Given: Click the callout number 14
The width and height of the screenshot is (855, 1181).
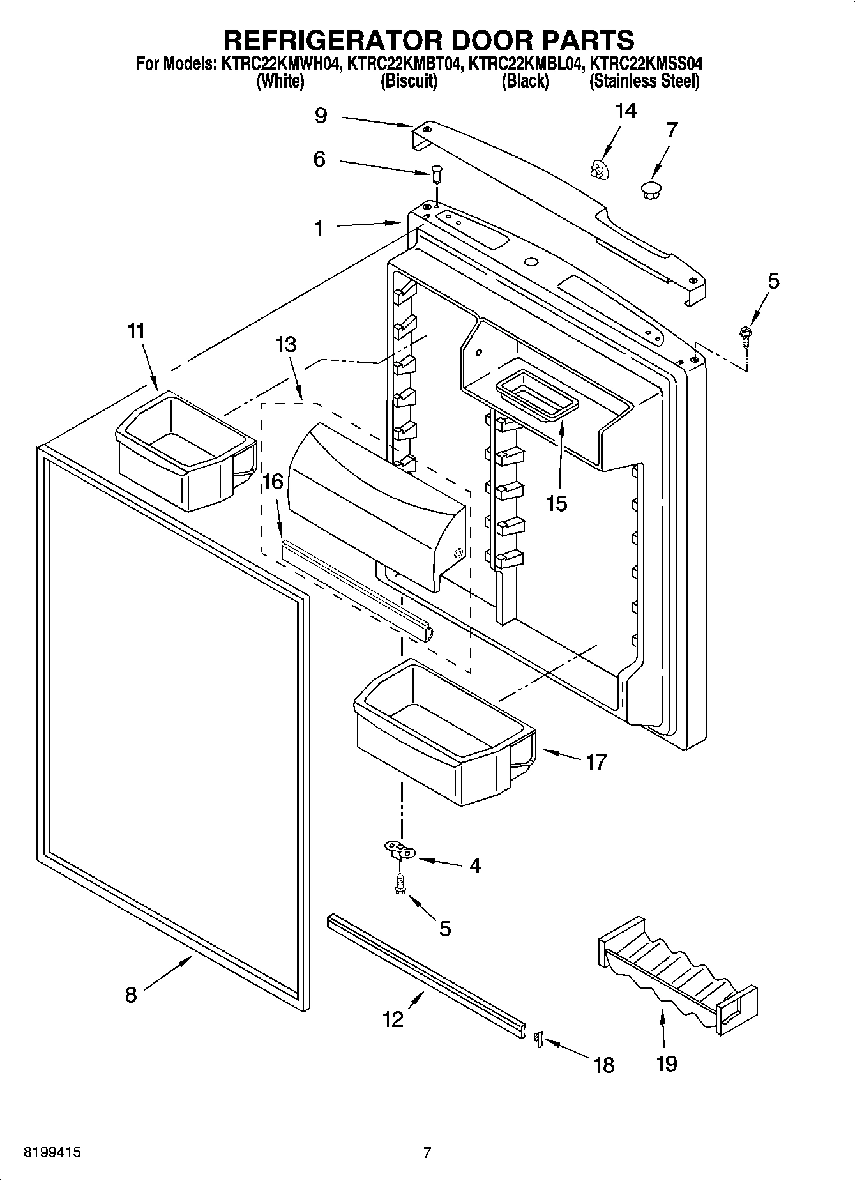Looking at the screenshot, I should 625,111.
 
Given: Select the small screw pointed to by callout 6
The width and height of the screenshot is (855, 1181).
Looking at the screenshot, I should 437,173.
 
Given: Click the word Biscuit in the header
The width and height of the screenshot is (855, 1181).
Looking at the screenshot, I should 409,82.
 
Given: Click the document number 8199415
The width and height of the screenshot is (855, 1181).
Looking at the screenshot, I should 52,1153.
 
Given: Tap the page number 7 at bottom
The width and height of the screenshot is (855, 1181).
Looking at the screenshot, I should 427,1153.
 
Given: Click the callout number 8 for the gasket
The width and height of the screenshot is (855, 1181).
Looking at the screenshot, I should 131,994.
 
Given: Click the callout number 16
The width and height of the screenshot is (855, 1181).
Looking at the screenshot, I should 273,481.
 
